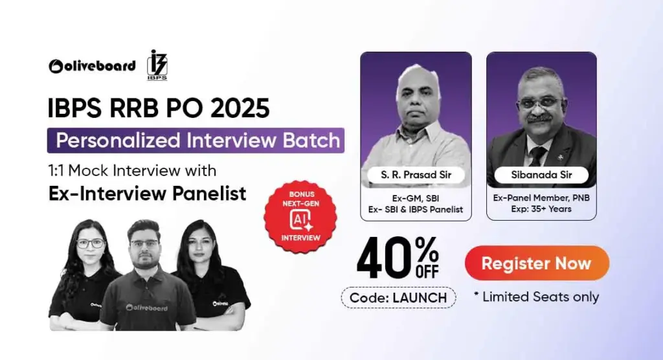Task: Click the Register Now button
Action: click(x=537, y=264)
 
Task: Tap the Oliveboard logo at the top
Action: click(x=92, y=65)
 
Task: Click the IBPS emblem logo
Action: click(x=157, y=65)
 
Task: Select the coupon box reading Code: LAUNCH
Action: click(x=398, y=297)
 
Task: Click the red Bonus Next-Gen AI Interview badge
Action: click(x=300, y=216)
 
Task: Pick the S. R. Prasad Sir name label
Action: click(x=416, y=174)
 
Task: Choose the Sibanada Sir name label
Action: click(x=541, y=174)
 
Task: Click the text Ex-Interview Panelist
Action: click(x=147, y=192)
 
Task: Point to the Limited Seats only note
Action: click(x=537, y=297)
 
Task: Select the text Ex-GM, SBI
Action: click(x=416, y=197)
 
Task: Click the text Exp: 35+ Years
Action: click(x=541, y=208)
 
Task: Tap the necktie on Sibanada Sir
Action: click(x=537, y=155)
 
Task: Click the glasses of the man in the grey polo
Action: click(x=144, y=243)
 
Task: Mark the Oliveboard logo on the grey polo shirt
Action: click(x=147, y=308)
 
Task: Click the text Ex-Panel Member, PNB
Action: click(x=541, y=197)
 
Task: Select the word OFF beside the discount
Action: click(x=427, y=271)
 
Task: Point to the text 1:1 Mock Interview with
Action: click(x=132, y=171)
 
